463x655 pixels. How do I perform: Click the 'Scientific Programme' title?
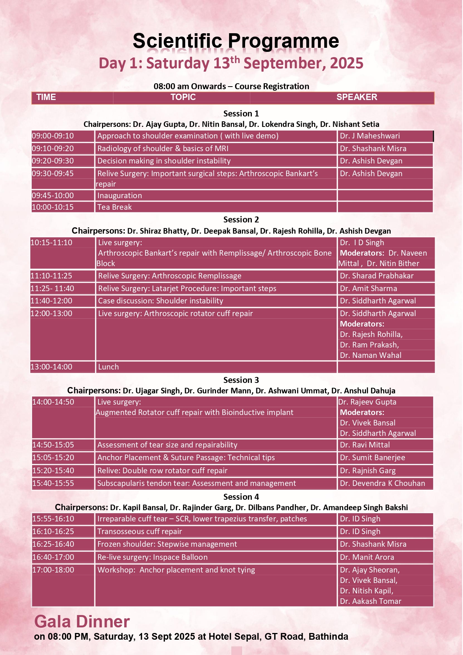tap(235, 41)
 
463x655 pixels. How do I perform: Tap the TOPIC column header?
tap(183, 97)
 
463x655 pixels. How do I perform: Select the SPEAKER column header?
tap(356, 97)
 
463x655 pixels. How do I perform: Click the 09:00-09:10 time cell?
tap(53, 136)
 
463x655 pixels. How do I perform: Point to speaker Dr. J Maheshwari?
tap(369, 136)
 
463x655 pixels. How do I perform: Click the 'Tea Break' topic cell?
tap(115, 207)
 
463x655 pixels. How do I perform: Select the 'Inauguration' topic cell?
tap(119, 196)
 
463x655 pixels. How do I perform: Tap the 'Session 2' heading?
tap(241, 219)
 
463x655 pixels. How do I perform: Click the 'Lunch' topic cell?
tap(108, 367)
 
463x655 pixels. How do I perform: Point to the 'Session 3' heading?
tap(241, 380)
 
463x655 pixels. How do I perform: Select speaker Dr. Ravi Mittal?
tap(365, 445)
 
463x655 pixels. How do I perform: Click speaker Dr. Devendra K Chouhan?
tap(382, 483)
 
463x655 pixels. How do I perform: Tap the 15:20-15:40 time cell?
tap(53, 471)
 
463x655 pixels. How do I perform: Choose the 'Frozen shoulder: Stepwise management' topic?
tap(167, 544)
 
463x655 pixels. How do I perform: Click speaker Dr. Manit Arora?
tap(367, 557)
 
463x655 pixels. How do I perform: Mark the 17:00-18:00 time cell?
tap(53, 570)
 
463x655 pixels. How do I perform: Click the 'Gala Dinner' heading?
tap(82, 622)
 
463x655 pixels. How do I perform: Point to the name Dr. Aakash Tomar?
tap(370, 601)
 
